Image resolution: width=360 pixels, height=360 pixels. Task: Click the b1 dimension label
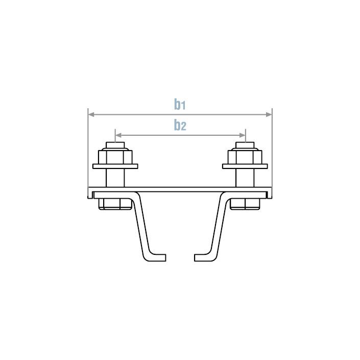(x=179, y=105)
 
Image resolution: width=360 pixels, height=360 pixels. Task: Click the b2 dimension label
(x=179, y=125)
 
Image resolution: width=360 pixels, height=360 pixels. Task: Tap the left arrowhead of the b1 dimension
(x=91, y=114)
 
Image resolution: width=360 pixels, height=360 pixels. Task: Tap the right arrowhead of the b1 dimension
(x=269, y=114)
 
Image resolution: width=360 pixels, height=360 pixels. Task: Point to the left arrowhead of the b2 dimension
(x=118, y=135)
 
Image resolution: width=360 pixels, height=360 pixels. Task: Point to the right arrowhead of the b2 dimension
(x=242, y=135)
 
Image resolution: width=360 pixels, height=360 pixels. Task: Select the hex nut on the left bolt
(x=115, y=155)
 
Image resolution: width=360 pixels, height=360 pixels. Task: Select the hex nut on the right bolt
(x=245, y=155)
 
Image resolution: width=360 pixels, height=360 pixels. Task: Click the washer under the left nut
(x=115, y=166)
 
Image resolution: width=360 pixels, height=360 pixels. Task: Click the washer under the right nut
(x=245, y=166)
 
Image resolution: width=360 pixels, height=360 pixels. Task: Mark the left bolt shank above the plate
(x=115, y=177)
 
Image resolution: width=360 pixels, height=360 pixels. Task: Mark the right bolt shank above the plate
(x=245, y=177)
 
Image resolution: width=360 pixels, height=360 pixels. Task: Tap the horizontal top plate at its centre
(x=180, y=189)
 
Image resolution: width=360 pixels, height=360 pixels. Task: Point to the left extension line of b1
(x=88, y=153)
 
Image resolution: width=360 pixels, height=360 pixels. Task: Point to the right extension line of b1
(x=272, y=153)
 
